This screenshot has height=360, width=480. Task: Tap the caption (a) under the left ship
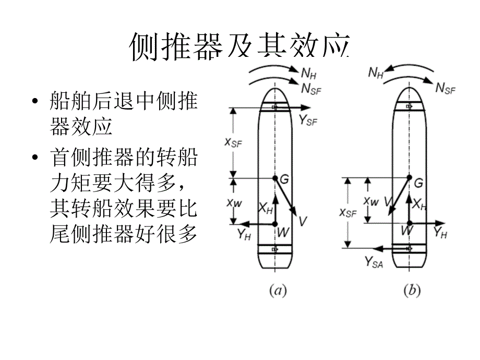pos(278,291)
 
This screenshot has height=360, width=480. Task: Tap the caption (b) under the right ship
pos(411,291)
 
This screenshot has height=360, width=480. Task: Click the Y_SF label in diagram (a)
pos(308,121)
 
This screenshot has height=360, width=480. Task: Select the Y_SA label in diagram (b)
pos(374,262)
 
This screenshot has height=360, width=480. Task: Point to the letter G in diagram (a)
pos(284,179)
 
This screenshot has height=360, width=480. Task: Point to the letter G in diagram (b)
pos(418,183)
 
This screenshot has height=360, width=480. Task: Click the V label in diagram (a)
pos(303,221)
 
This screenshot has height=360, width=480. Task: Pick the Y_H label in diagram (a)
pos(244,235)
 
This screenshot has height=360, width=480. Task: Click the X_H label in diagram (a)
pos(266,208)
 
